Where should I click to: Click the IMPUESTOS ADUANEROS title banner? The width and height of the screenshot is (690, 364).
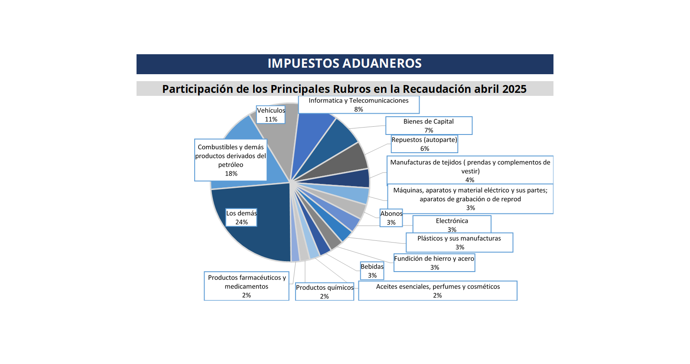345,64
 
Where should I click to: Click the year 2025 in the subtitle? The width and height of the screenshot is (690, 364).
514,89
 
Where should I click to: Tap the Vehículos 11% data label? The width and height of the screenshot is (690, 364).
271,115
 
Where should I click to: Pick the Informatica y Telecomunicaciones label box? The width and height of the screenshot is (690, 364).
358,105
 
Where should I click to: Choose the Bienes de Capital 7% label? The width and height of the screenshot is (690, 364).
429,126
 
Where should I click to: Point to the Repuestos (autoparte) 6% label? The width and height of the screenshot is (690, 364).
424,144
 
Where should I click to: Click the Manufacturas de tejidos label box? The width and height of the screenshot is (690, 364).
470,171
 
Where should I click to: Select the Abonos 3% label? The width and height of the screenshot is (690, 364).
391,218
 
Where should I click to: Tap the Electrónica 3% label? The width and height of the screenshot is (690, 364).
452,225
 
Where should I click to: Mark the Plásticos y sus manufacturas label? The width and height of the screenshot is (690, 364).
459,243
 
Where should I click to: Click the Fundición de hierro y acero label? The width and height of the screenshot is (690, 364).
434,263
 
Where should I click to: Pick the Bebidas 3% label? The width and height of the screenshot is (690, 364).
372,271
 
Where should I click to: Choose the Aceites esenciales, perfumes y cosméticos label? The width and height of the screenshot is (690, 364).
438,291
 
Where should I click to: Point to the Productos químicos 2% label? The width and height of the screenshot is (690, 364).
325,292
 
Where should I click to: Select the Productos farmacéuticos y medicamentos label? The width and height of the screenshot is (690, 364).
247,286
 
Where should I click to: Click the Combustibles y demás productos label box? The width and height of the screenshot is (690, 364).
231,160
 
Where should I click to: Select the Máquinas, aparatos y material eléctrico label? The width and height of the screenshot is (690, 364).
470,199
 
